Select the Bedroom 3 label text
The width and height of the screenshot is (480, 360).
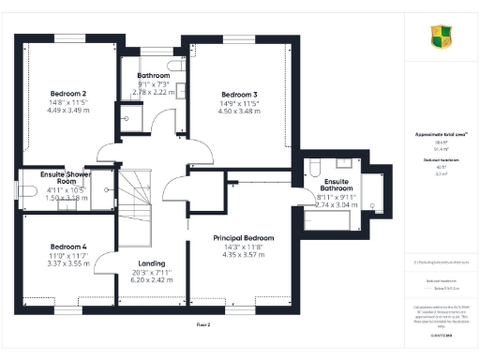click(241, 94)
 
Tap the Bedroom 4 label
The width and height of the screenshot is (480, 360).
click(68, 246)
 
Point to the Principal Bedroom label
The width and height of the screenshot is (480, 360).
click(243, 238)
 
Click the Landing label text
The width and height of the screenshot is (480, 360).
click(151, 263)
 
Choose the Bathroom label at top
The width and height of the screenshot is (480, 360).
click(153, 75)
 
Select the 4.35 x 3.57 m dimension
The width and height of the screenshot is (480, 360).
click(243, 255)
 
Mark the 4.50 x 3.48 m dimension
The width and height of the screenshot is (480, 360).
click(241, 111)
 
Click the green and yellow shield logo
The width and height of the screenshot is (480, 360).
click(440, 37)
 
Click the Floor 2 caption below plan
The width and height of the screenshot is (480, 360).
click(203, 323)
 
